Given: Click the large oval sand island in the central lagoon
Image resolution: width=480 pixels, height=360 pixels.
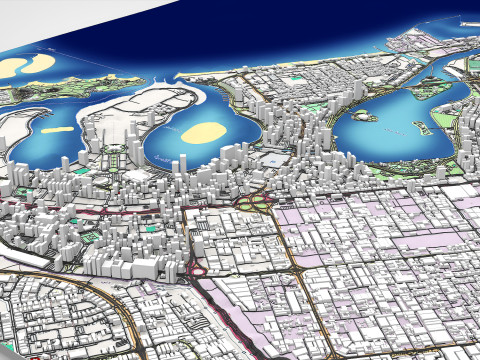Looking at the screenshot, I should (x=206, y=132).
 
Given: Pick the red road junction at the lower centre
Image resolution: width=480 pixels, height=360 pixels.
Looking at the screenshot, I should (x=197, y=268).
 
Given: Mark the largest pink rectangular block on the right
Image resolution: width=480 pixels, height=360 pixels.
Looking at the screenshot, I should (x=420, y=240).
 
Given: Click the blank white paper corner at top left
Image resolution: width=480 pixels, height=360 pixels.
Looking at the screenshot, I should (x=20, y=25).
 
